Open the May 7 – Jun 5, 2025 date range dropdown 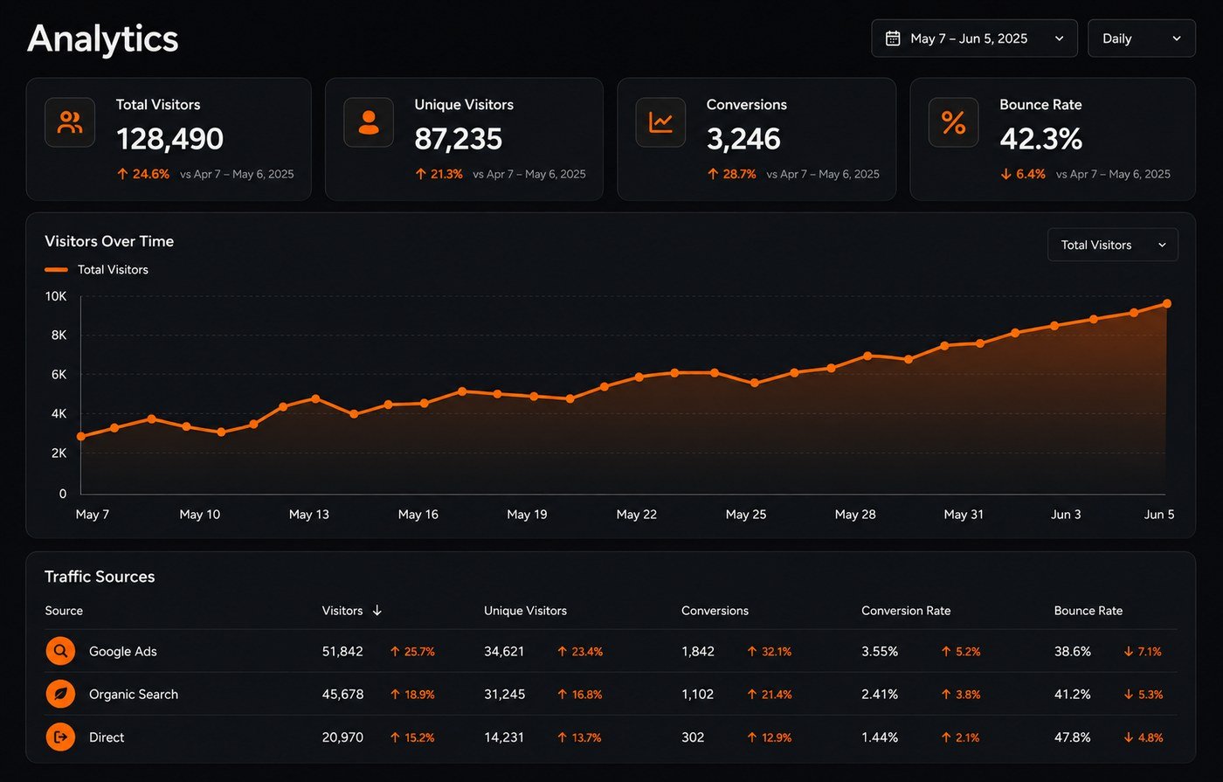tap(974, 38)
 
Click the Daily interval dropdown tap(1141, 38)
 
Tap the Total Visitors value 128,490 tap(169, 139)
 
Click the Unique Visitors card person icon tap(369, 122)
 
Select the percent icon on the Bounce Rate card tap(953, 122)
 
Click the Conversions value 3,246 tap(743, 139)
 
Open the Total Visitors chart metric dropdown tap(1113, 245)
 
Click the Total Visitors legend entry tap(97, 270)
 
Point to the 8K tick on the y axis tap(59, 336)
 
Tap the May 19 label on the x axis tap(527, 515)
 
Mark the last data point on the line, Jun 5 tap(1167, 304)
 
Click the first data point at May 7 tap(81, 436)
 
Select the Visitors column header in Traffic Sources tap(342, 611)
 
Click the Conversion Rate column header tap(906, 611)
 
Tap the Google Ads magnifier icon tap(60, 651)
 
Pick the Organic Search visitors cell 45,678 tap(342, 694)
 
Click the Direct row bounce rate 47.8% tap(1073, 737)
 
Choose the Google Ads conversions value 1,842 tap(698, 651)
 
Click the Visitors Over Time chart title tap(109, 241)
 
